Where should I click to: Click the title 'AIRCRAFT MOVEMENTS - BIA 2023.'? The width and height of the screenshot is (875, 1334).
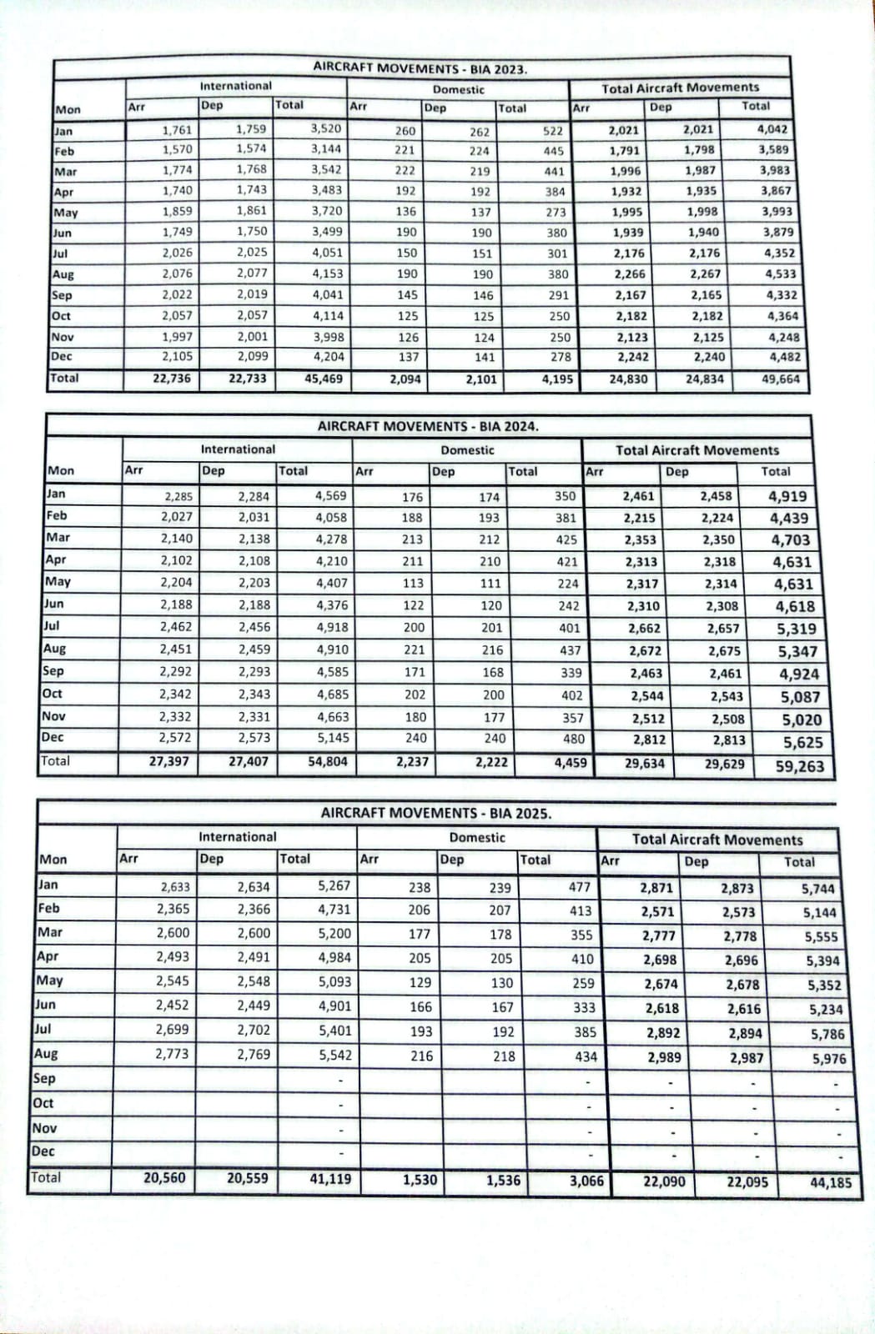pyautogui.click(x=420, y=68)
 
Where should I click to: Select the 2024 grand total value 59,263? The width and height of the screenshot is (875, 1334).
pyautogui.click(x=799, y=766)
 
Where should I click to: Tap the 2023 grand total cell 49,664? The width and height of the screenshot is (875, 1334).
pyautogui.click(x=781, y=379)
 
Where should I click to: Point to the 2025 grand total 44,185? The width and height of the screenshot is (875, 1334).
pyautogui.click(x=831, y=1181)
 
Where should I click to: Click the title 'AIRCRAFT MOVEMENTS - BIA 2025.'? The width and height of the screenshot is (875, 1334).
pyautogui.click(x=435, y=813)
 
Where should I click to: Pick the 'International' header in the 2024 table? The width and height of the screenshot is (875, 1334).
pyautogui.click(x=238, y=449)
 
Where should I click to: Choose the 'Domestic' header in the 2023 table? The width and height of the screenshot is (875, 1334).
pyautogui.click(x=458, y=89)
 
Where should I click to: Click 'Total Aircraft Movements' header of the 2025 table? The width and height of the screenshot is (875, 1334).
pyautogui.click(x=717, y=840)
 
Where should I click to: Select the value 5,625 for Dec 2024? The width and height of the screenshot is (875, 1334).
pyautogui.click(x=802, y=742)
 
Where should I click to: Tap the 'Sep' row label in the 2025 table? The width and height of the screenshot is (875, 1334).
pyautogui.click(x=44, y=1078)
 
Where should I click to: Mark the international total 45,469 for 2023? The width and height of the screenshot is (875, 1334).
pyautogui.click(x=324, y=378)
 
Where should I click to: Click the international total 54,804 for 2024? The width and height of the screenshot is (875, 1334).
pyautogui.click(x=328, y=761)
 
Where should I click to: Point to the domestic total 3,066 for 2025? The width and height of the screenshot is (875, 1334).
pyautogui.click(x=586, y=1181)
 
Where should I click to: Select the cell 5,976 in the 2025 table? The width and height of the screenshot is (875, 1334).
pyautogui.click(x=829, y=1059)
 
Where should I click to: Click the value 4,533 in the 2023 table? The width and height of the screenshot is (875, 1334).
pyautogui.click(x=780, y=273)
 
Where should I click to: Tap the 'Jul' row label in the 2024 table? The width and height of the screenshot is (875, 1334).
pyautogui.click(x=52, y=626)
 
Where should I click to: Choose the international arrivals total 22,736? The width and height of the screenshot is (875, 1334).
pyautogui.click(x=172, y=378)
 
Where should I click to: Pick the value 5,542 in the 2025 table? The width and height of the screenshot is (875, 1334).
pyautogui.click(x=334, y=1055)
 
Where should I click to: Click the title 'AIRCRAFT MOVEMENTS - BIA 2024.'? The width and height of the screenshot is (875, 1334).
pyautogui.click(x=428, y=426)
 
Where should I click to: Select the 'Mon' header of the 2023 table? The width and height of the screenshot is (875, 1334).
pyautogui.click(x=68, y=109)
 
